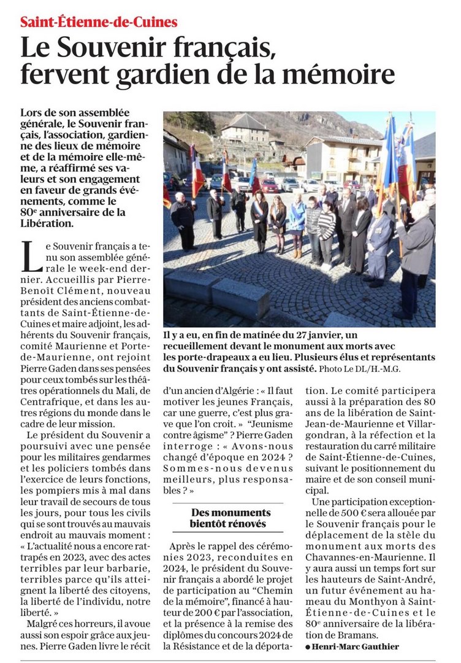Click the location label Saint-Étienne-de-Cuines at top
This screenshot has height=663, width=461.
point(99,23)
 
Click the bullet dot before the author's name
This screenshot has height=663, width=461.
point(308,647)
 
